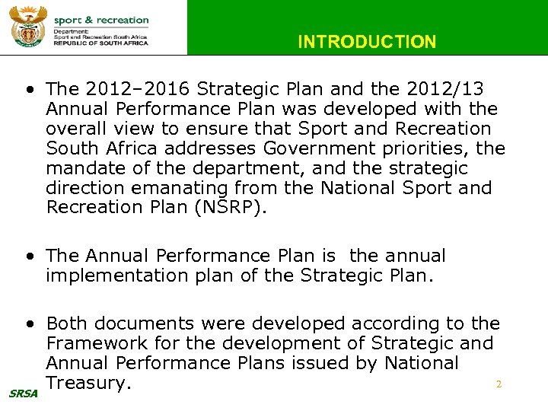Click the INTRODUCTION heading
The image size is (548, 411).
[367, 42]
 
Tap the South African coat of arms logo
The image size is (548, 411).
[28, 27]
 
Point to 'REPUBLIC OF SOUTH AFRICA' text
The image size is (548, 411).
[100, 43]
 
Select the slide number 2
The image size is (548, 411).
[499, 384]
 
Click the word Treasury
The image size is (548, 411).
[84, 384]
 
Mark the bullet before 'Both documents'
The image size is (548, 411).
[28, 325]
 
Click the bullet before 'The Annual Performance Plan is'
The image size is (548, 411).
[28, 256]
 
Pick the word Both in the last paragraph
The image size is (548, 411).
[66, 324]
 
